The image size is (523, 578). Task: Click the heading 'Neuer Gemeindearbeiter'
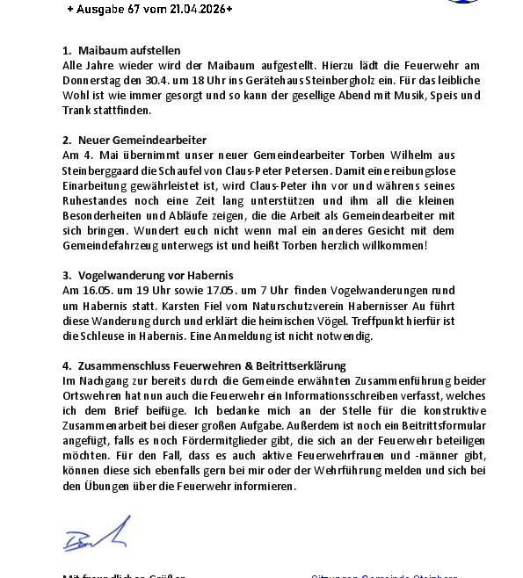point(142,140)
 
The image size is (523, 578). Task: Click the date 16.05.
point(97,290)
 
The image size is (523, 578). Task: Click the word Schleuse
point(103,336)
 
